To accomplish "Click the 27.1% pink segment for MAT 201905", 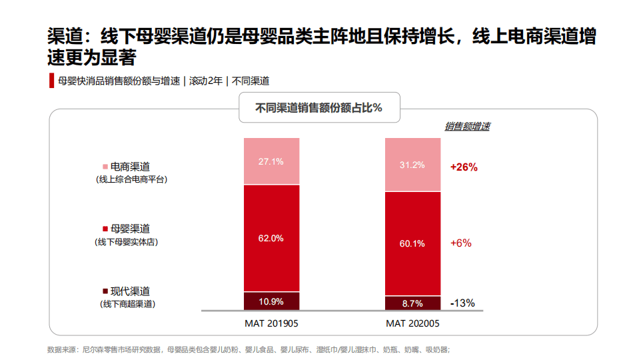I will [x=271, y=161].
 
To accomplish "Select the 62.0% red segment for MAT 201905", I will [x=271, y=238].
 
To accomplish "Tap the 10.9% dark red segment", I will [x=271, y=301].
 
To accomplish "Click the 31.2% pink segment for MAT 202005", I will [x=412, y=165].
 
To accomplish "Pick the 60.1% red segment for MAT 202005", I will [x=412, y=243].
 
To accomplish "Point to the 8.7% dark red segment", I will [x=412, y=303].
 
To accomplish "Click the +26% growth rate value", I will [x=464, y=167].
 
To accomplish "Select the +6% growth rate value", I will [x=461, y=243].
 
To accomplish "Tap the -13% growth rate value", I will [x=462, y=303].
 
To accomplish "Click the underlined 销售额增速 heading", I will [x=467, y=126].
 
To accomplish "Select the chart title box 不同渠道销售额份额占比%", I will [x=320, y=108].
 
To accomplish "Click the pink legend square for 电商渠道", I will [x=105, y=167].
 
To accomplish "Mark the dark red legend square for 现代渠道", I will [x=105, y=291].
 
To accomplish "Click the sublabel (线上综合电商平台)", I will [x=131, y=179].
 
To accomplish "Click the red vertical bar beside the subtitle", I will [x=51, y=81].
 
